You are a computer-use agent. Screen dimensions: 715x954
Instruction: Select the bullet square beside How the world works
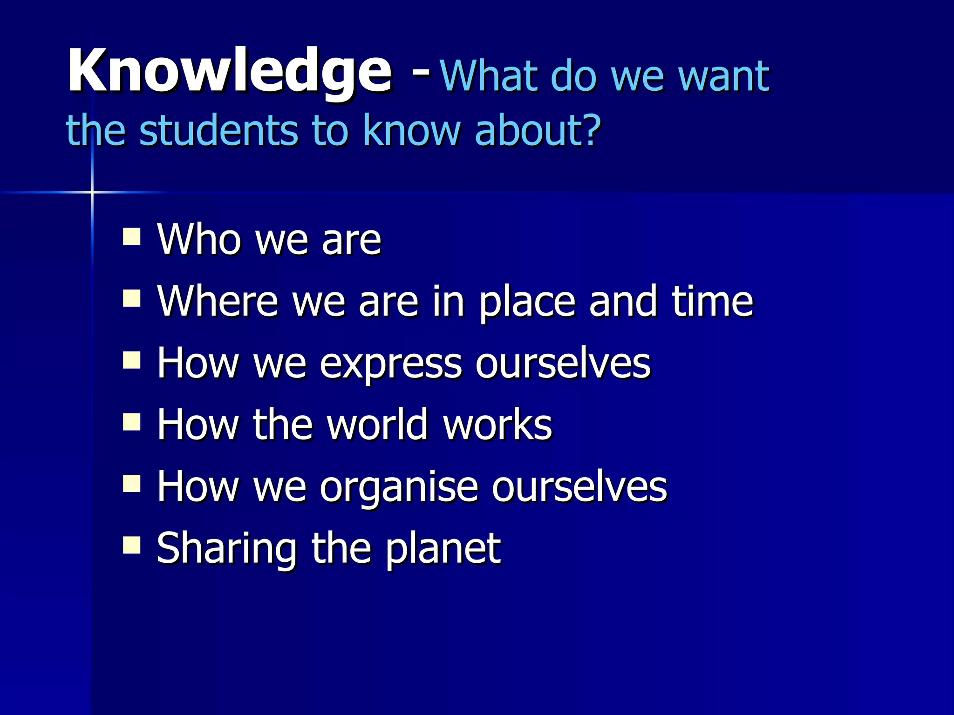pos(132,422)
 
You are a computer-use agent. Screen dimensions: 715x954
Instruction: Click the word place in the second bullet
pos(528,303)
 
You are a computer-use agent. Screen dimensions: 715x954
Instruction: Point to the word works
pos(497,425)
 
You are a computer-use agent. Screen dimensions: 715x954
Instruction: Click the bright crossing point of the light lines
pos(92,192)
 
